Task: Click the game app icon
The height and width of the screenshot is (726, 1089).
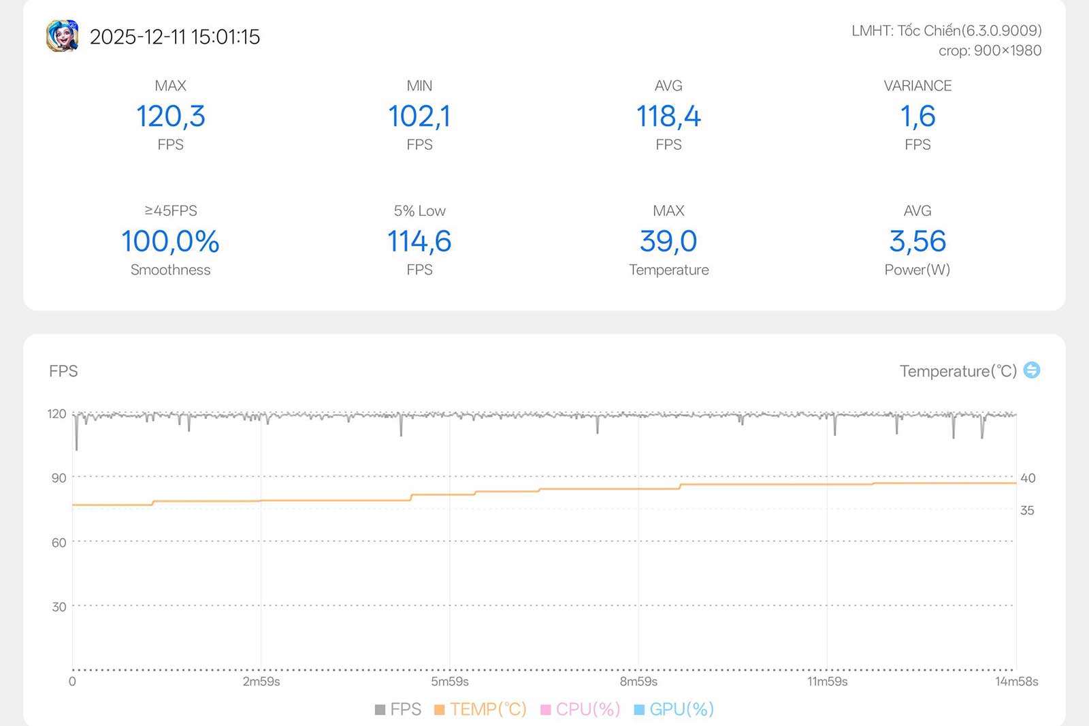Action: pyautogui.click(x=62, y=36)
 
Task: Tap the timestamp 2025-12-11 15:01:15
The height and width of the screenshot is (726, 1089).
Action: pyautogui.click(x=175, y=37)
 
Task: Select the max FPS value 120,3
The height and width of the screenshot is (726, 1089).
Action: pyautogui.click(x=170, y=116)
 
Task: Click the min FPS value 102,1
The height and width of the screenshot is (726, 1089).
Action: pyautogui.click(x=419, y=116)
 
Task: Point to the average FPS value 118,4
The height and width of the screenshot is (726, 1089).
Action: pyautogui.click(x=668, y=116)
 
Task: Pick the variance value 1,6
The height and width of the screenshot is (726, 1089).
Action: pyautogui.click(x=917, y=116)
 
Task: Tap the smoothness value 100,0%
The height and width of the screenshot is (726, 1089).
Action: pyautogui.click(x=170, y=241)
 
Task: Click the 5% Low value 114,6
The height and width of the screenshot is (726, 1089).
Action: pyautogui.click(x=419, y=241)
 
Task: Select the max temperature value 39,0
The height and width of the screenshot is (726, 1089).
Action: pyautogui.click(x=668, y=241)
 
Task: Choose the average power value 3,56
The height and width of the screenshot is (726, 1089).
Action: pyautogui.click(x=917, y=241)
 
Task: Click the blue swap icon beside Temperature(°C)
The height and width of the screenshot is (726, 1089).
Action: pyautogui.click(x=1032, y=370)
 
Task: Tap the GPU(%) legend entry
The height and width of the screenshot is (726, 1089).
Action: pyautogui.click(x=674, y=709)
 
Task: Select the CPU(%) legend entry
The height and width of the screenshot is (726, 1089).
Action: pyautogui.click(x=581, y=709)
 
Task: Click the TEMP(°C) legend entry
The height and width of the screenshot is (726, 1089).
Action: pyautogui.click(x=481, y=709)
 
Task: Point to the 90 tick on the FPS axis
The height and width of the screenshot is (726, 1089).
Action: pyautogui.click(x=59, y=477)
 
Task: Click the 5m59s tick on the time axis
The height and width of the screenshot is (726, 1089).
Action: pyautogui.click(x=450, y=681)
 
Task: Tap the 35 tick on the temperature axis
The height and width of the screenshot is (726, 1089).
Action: pyautogui.click(x=1027, y=510)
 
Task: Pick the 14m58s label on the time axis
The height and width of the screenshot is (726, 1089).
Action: pyautogui.click(x=1016, y=681)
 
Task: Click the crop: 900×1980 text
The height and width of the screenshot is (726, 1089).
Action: pyautogui.click(x=990, y=50)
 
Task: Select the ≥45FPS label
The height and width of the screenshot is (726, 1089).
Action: pyautogui.click(x=170, y=210)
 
